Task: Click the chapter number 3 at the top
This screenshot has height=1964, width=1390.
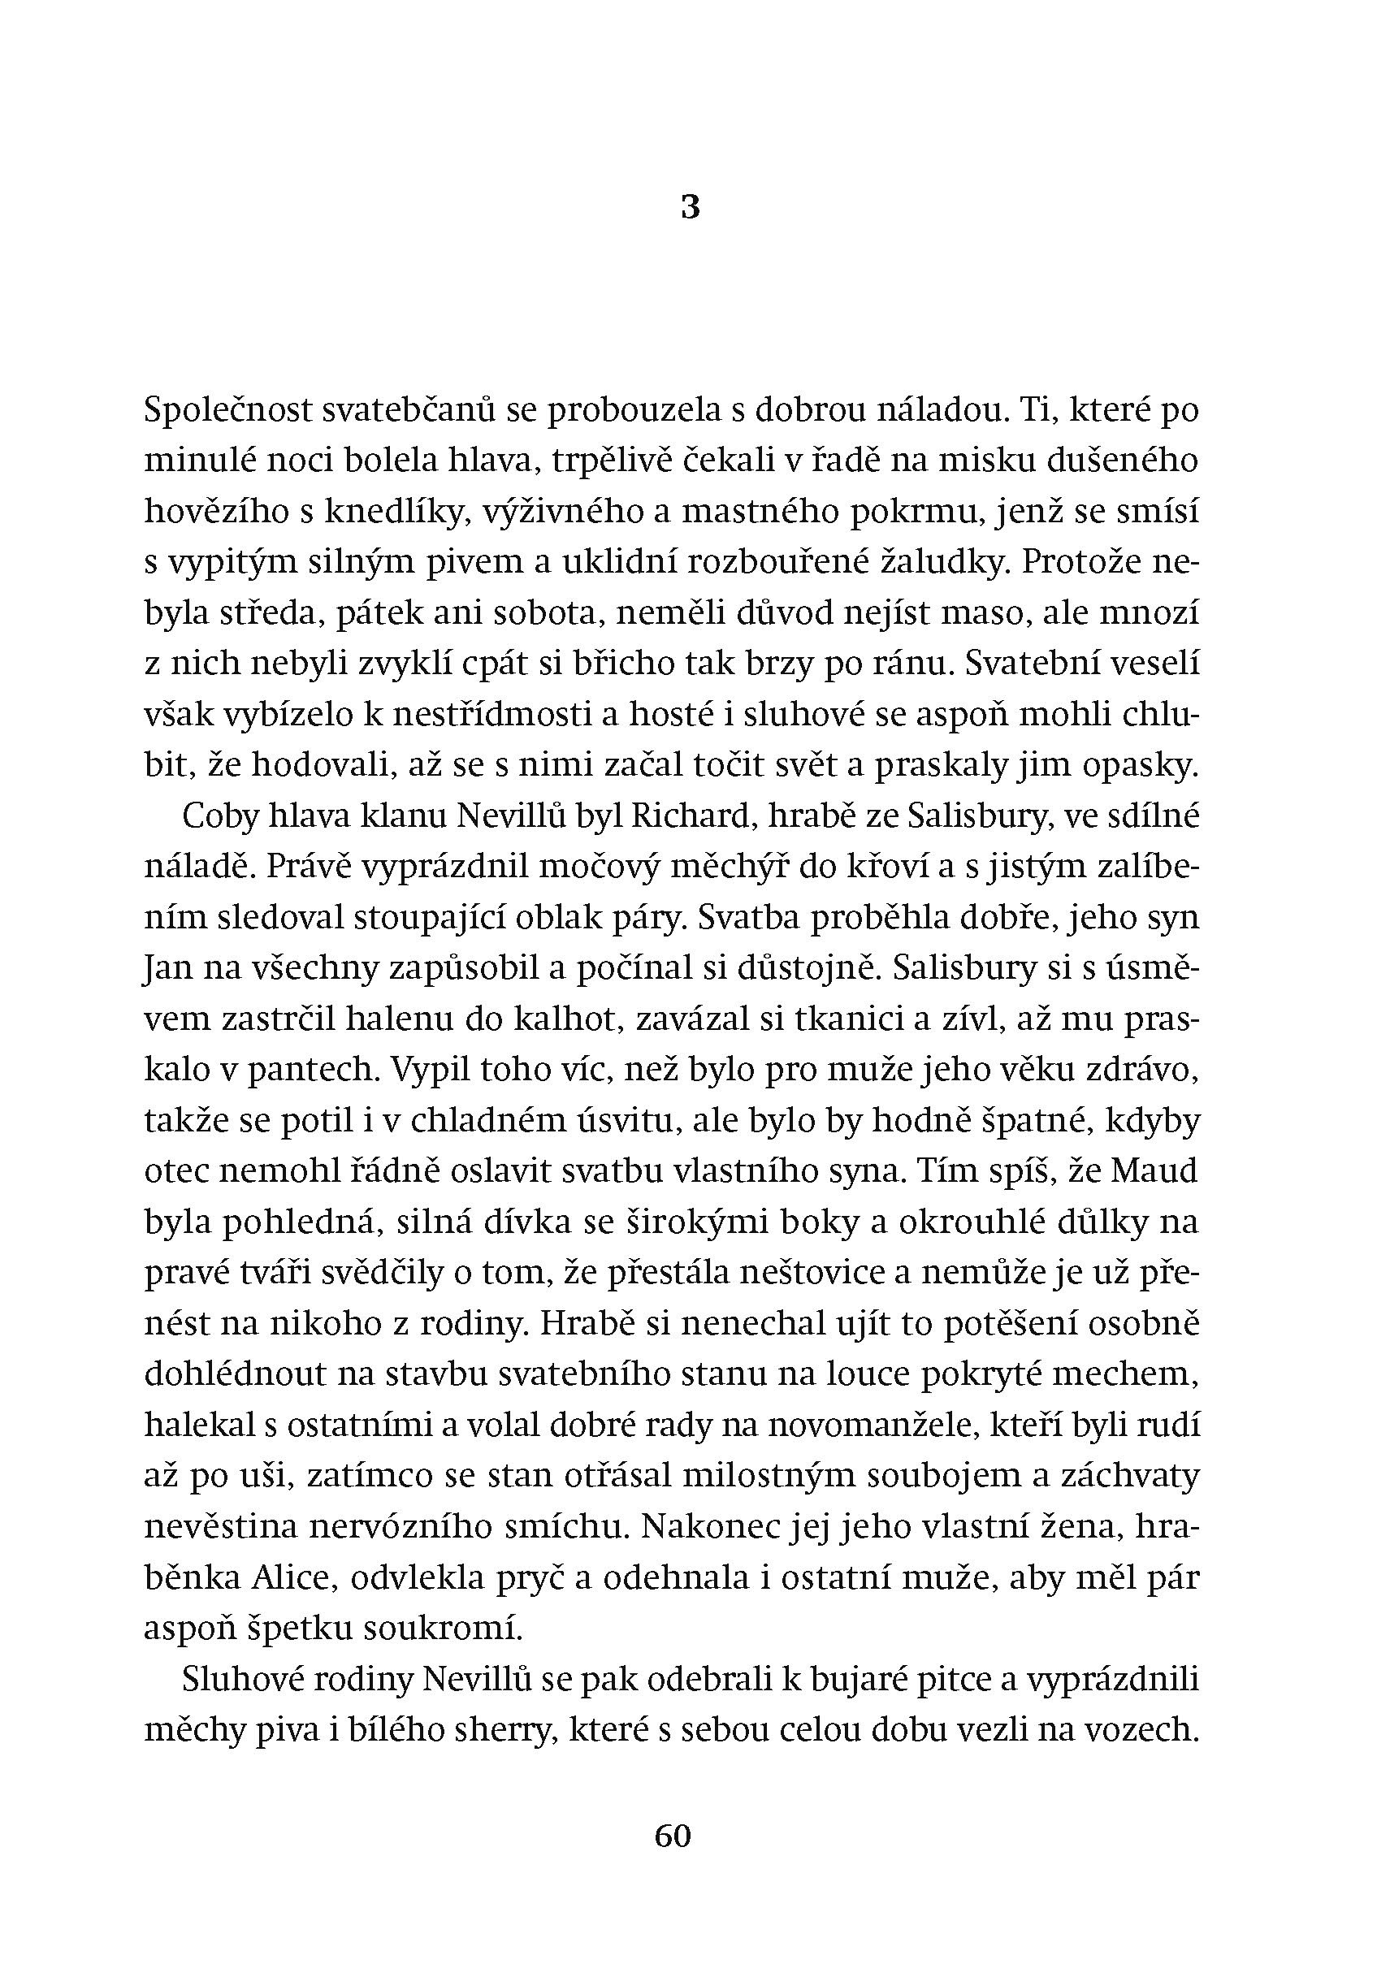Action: point(690,207)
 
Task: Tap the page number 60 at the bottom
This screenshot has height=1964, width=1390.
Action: point(672,1835)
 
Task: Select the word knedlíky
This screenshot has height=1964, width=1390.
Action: point(401,512)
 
